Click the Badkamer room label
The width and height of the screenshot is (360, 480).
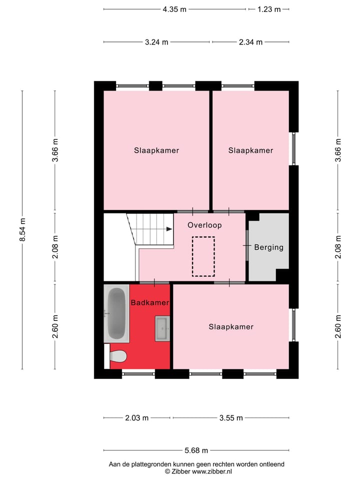point(149,302)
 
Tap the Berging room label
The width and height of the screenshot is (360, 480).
point(268,247)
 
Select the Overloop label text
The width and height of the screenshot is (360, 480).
point(204,225)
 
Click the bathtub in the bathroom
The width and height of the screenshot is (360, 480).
point(116,313)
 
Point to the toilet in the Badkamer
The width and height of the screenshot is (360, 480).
point(118,356)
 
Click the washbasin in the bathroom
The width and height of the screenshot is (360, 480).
point(162,328)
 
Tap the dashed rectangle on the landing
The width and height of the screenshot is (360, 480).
point(203,256)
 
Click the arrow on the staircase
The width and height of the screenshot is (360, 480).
point(168,229)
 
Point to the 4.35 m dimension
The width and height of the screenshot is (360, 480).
point(174,9)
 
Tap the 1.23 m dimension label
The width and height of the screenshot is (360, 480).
point(268,9)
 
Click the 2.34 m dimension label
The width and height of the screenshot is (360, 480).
point(250,42)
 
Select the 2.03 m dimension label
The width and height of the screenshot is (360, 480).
point(136,418)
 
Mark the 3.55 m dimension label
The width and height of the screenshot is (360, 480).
point(230,418)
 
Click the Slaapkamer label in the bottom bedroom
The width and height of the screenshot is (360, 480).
point(230,327)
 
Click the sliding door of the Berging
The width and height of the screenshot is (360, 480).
point(247,245)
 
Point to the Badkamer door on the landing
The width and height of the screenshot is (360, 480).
point(154,283)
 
